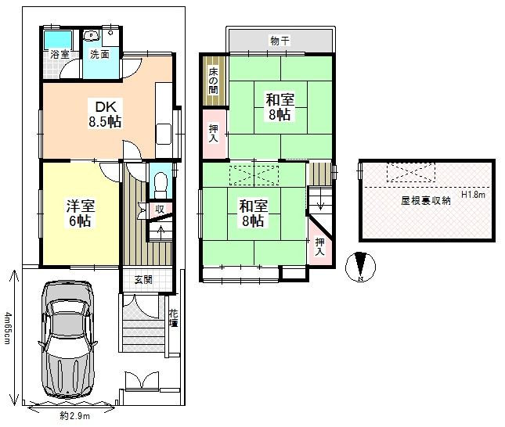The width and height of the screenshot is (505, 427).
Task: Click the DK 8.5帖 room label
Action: (105, 114)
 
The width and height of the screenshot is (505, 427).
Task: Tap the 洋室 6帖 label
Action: (80, 213)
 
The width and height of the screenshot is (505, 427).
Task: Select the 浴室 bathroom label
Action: (60, 55)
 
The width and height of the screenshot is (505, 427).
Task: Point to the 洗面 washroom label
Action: (99, 55)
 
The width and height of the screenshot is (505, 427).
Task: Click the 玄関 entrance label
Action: (143, 280)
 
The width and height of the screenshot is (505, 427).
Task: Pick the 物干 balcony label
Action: (280, 41)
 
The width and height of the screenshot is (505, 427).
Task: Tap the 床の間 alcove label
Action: (213, 81)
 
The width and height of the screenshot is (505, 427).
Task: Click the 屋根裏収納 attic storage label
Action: (425, 201)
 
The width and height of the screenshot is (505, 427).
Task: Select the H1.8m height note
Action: (473, 195)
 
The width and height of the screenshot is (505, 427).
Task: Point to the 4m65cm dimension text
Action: (7, 328)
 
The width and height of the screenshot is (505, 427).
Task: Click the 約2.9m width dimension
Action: (74, 416)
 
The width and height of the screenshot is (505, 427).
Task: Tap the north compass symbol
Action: (360, 267)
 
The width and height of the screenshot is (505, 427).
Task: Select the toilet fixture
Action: (161, 185)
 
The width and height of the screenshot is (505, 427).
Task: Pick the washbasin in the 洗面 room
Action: (92, 35)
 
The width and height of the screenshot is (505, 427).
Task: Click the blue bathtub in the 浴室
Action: (58, 40)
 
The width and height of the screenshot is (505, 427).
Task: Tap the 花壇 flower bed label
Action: (174, 318)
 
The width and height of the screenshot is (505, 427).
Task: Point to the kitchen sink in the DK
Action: (164, 134)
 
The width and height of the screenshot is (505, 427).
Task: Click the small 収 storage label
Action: (160, 209)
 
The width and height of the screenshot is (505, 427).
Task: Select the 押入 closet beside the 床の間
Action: (214, 134)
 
